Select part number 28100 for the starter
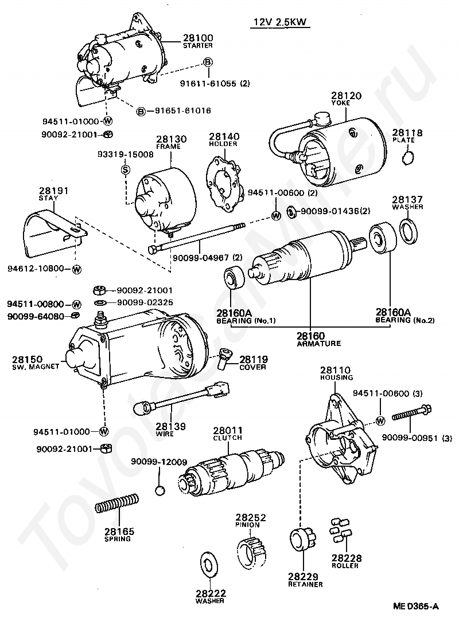click(x=197, y=38)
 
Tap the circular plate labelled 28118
click(x=408, y=156)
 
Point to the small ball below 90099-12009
click(x=161, y=490)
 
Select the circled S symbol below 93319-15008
click(x=125, y=169)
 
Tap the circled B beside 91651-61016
click(x=141, y=111)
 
